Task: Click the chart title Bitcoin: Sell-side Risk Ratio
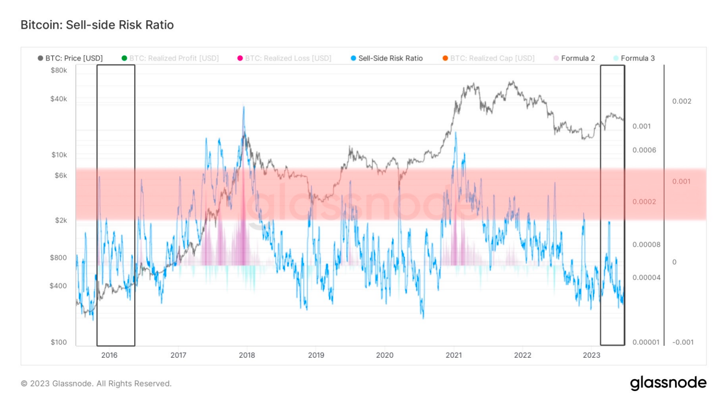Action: tap(97, 25)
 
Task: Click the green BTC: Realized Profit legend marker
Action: tap(124, 58)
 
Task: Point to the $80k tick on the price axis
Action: tap(59, 70)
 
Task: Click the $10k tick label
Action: tap(59, 155)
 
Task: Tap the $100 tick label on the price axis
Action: tap(59, 342)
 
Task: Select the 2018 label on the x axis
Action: tap(247, 355)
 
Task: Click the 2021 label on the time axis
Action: tap(454, 355)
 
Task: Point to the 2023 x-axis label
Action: tap(591, 355)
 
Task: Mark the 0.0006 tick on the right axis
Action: tap(644, 150)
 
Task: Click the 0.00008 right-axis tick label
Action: tap(646, 245)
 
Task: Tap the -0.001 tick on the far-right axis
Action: tap(683, 342)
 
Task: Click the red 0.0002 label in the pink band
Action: tap(644, 201)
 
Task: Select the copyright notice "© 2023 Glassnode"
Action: tap(96, 384)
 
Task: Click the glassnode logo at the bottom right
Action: tap(668, 383)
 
